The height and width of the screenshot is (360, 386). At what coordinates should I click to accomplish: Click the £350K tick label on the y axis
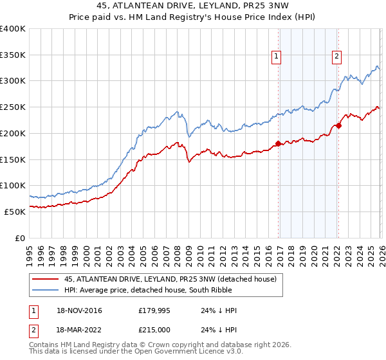(13, 55)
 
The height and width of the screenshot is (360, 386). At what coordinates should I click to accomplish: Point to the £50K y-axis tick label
(15, 212)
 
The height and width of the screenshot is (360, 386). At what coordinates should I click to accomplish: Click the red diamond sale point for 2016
(278, 143)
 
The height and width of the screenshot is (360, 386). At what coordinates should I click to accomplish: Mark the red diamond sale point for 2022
(338, 125)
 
